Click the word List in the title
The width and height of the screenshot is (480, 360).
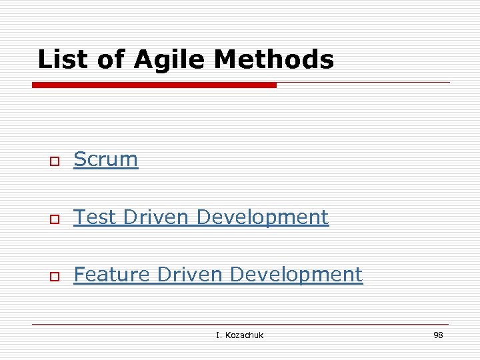pyautogui.click(x=62, y=60)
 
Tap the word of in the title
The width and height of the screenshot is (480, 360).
pyautogui.click(x=111, y=60)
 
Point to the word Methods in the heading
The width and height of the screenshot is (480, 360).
pyautogui.click(x=274, y=60)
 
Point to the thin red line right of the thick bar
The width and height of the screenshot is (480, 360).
pyautogui.click(x=363, y=83)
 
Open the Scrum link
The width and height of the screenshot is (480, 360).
pyautogui.click(x=105, y=159)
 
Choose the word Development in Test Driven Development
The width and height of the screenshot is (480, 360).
pyautogui.click(x=263, y=217)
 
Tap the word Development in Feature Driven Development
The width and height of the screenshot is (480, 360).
pyautogui.click(x=297, y=275)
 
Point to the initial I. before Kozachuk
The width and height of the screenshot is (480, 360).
pyautogui.click(x=218, y=335)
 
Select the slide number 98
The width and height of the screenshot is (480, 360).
pyautogui.click(x=438, y=335)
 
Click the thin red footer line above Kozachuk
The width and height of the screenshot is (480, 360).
pyautogui.click(x=240, y=324)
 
